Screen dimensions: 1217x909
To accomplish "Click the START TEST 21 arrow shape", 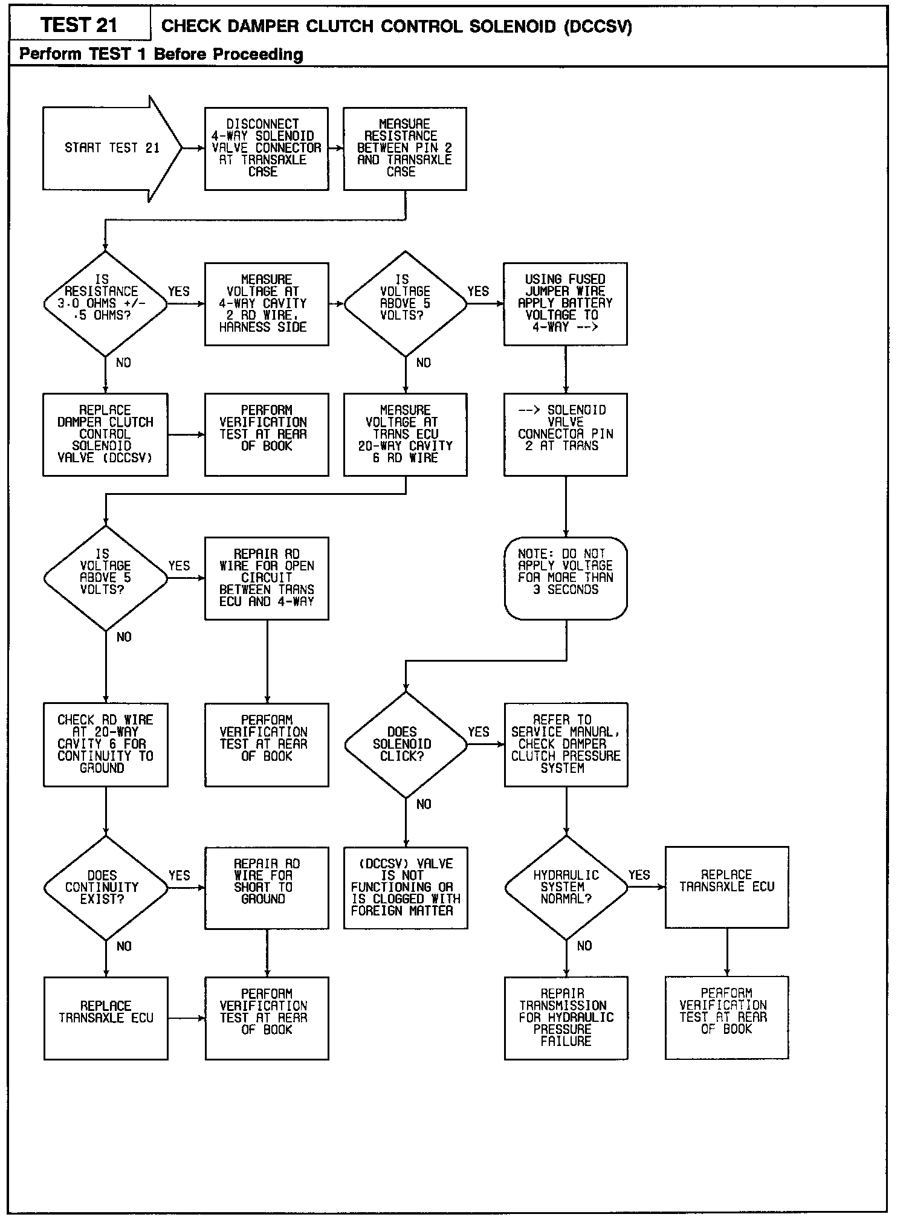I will tap(112, 149).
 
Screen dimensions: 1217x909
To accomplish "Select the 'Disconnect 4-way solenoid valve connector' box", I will tap(267, 149).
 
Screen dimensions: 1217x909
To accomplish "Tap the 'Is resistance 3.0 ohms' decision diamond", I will tap(105, 303).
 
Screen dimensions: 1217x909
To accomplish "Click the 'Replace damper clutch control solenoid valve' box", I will tap(105, 434).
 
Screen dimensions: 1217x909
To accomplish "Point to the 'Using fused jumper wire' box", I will tap(565, 303).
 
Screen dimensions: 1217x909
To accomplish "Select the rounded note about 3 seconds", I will tap(566, 578).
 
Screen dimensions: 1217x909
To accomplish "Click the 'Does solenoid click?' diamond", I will tap(406, 744).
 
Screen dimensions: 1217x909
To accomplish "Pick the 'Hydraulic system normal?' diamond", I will tap(566, 887).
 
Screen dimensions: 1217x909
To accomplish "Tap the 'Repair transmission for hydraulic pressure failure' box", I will tap(566, 1018).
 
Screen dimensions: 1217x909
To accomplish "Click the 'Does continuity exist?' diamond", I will tap(106, 888).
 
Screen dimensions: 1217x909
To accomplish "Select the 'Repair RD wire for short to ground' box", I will tap(267, 888).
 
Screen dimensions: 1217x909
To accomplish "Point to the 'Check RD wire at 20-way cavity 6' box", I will tap(106, 744).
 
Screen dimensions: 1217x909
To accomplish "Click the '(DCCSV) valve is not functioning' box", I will tap(406, 888).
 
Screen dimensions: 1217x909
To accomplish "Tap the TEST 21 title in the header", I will tap(79, 25).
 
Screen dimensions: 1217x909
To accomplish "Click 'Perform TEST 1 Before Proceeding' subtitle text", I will tap(161, 54).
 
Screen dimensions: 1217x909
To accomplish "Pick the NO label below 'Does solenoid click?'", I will tap(424, 804).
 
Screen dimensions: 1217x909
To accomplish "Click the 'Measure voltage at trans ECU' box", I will tap(406, 434).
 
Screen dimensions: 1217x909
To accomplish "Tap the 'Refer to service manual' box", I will tap(566, 744).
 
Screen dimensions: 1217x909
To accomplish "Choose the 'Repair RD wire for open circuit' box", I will tap(267, 578).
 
